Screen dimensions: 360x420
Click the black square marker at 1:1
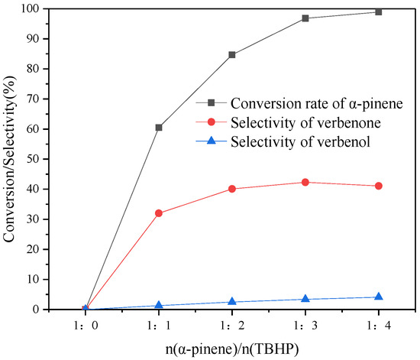click(x=159, y=128)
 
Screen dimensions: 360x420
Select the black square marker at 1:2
click(x=232, y=54)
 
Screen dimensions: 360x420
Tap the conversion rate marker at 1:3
click(x=305, y=18)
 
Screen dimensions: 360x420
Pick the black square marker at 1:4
click(x=379, y=12)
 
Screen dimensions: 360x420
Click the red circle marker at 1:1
click(x=159, y=213)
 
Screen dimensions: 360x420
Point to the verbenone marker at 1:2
click(x=232, y=189)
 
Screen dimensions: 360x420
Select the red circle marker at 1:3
click(x=305, y=182)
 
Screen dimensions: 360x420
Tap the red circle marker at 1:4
click(x=379, y=186)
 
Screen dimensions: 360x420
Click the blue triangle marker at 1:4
click(x=379, y=297)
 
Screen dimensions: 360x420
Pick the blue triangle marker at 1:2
click(x=232, y=302)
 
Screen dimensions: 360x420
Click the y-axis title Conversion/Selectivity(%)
click(x=10, y=159)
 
